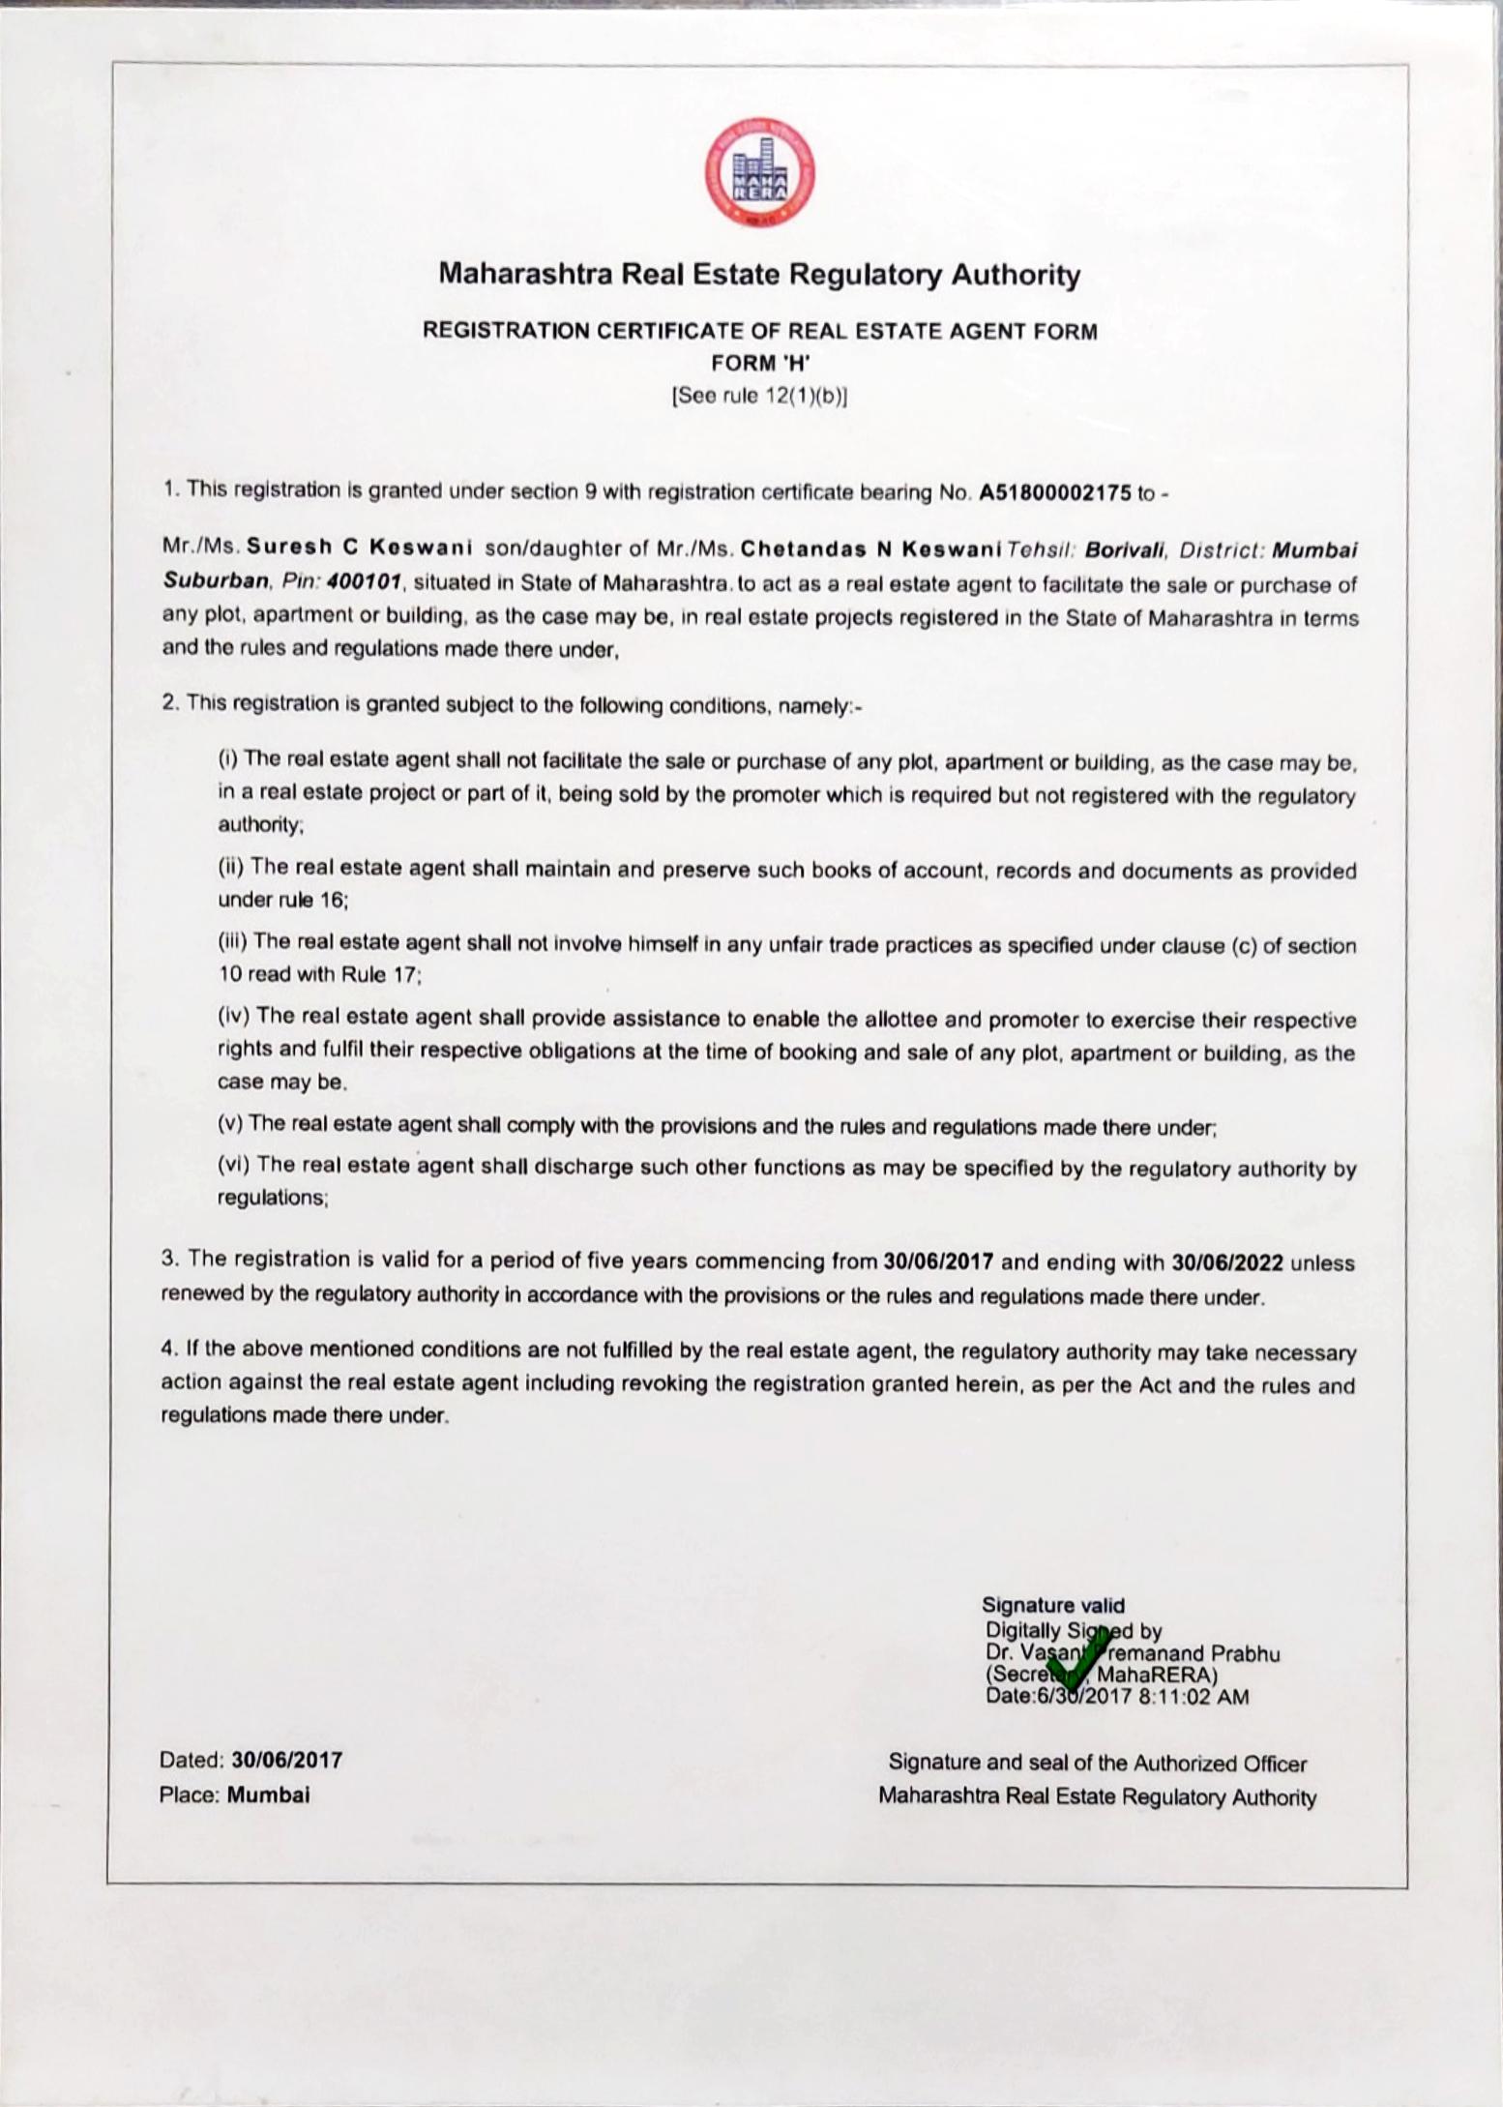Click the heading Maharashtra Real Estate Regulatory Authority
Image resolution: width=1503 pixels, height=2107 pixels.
coord(759,276)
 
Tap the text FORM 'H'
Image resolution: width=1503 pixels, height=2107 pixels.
coord(759,364)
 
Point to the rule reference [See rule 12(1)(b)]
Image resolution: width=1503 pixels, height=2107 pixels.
coord(759,396)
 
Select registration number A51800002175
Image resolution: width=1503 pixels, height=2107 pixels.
coord(1055,492)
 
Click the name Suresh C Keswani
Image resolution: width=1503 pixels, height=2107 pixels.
coord(359,549)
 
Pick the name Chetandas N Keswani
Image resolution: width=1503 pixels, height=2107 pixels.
coord(869,549)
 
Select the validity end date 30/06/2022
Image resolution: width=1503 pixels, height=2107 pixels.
coord(1226,1262)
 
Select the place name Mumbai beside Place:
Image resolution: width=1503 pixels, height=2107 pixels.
coord(268,1795)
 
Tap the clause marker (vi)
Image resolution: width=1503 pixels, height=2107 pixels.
coord(235,1165)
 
